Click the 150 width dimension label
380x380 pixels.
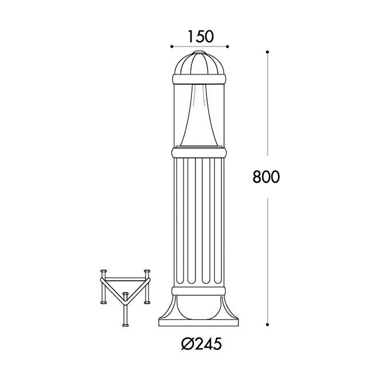(x=201, y=36)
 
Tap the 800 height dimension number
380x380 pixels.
(x=266, y=177)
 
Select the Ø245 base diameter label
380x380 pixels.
(x=201, y=344)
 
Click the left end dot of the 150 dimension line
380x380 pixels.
(x=172, y=46)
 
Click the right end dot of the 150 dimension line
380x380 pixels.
(x=228, y=46)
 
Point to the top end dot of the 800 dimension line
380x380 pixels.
(x=267, y=52)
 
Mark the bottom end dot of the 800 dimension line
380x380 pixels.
(x=267, y=324)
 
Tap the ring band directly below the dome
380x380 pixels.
(x=199, y=79)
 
